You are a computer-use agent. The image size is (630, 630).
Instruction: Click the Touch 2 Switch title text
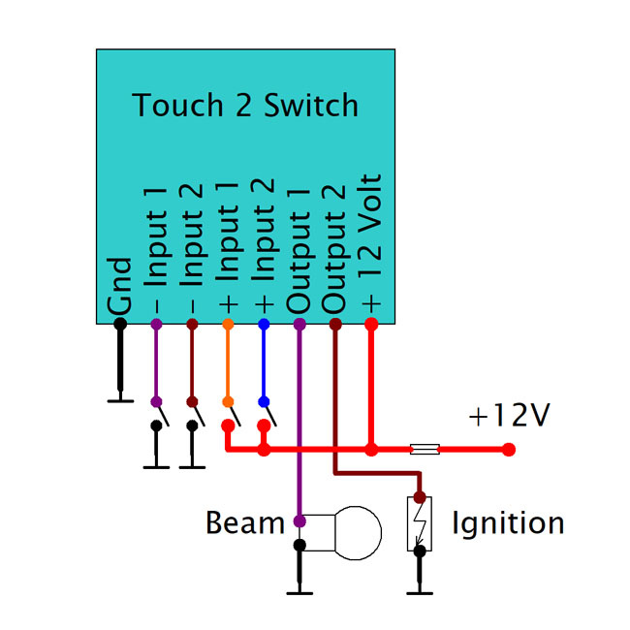pos(245,105)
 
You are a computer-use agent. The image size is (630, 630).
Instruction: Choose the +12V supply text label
pos(509,416)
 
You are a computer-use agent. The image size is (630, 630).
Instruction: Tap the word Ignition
pos(508,523)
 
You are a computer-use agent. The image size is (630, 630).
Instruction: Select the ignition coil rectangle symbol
pos(420,523)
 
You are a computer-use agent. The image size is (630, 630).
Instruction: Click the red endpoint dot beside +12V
pos(510,450)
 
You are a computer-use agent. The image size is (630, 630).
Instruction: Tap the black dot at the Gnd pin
pos(120,324)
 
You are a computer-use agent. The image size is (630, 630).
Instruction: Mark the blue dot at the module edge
pos(263,324)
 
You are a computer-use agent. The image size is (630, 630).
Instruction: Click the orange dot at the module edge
pos(227,324)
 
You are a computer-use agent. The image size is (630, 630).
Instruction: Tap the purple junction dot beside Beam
pos(299,521)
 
